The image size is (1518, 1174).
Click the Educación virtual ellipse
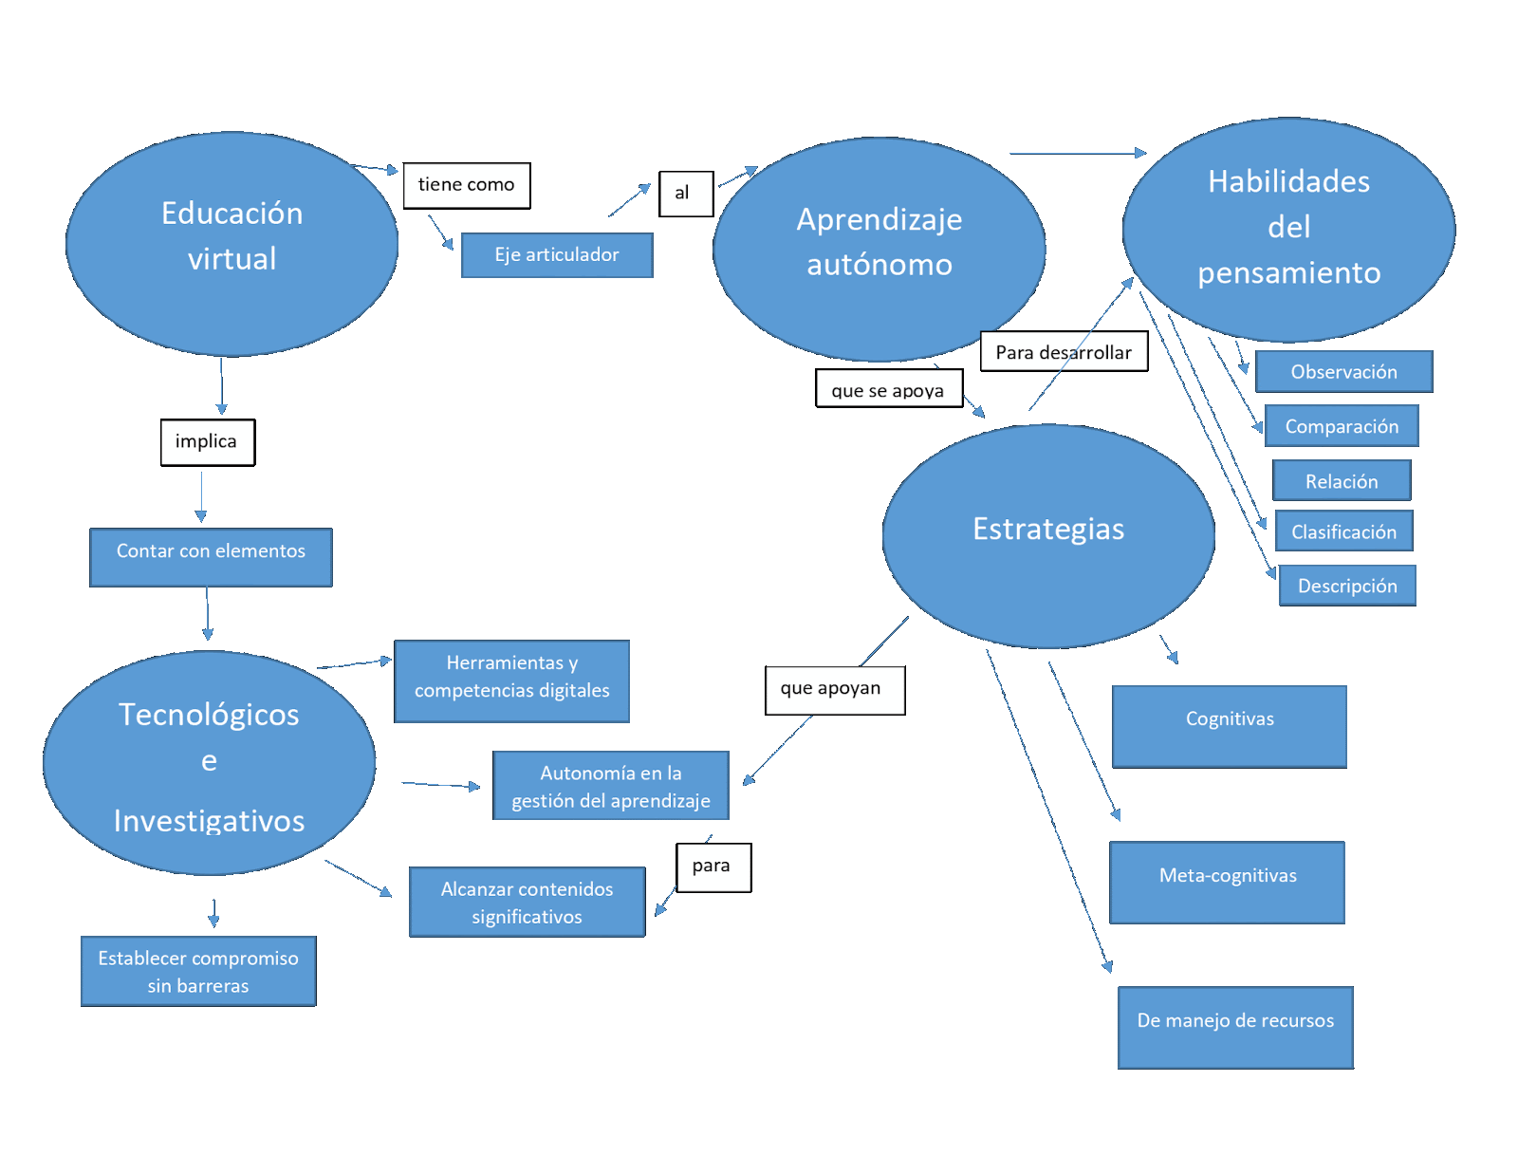click(x=231, y=244)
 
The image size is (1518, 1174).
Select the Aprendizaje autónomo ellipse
click(x=879, y=249)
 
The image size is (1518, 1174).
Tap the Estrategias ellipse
click(x=1048, y=535)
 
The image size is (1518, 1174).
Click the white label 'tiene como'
click(x=467, y=185)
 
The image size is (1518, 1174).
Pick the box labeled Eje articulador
click(x=557, y=255)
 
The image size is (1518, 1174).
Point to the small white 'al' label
click(x=686, y=194)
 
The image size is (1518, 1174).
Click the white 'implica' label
click(x=207, y=442)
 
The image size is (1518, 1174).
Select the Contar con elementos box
click(x=211, y=557)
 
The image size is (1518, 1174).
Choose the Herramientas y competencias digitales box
click(x=512, y=680)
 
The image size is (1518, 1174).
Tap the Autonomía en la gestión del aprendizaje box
click(x=611, y=786)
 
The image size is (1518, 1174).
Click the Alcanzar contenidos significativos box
click(x=527, y=902)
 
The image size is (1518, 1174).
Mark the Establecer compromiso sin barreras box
click(x=198, y=971)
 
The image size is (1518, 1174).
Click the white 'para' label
click(x=713, y=867)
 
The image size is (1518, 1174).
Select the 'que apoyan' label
click(x=834, y=690)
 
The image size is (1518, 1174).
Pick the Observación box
click(x=1343, y=371)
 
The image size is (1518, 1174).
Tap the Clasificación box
click(x=1343, y=531)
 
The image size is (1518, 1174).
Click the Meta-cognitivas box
click(x=1228, y=882)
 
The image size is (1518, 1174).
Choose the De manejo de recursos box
click(x=1235, y=1027)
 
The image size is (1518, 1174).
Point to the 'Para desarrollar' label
click(x=1063, y=352)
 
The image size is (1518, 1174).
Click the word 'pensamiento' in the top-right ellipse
click(x=1288, y=273)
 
